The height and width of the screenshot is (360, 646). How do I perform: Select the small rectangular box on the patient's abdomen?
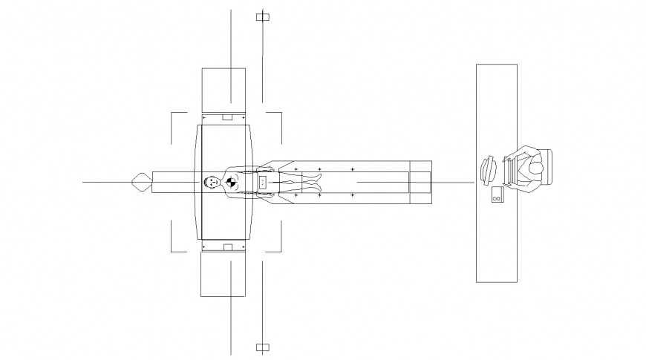point(263,181)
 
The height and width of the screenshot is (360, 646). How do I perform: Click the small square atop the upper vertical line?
point(262,16)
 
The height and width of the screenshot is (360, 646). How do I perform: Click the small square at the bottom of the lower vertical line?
point(262,347)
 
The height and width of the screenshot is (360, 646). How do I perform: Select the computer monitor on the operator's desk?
point(488,168)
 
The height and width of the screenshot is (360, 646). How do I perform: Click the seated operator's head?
point(534,168)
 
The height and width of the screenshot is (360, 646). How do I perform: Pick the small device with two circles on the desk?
point(497,195)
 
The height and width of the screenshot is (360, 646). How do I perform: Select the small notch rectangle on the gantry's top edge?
point(228,117)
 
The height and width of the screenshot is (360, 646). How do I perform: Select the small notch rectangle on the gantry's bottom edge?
point(228,246)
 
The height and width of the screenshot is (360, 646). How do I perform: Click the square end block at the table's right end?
point(420,182)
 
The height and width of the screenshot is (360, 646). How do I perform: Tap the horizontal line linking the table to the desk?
point(453,182)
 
